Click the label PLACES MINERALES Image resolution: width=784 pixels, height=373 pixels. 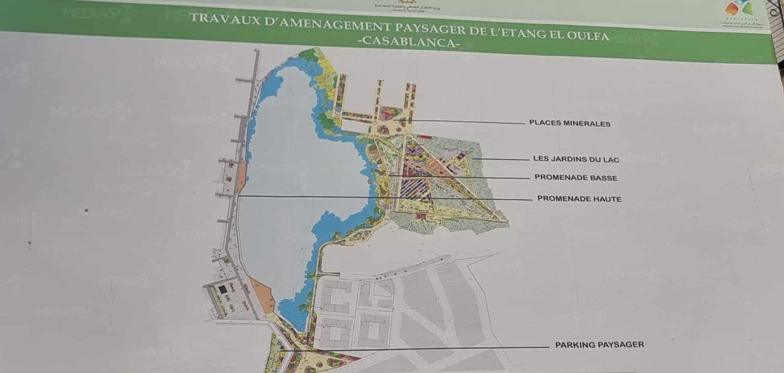click(569, 123)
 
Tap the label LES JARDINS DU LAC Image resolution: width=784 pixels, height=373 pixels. click(576, 159)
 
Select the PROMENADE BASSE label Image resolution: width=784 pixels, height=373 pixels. click(576, 178)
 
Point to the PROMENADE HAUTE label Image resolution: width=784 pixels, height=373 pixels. click(579, 199)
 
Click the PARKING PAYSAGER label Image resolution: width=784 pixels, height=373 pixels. click(599, 345)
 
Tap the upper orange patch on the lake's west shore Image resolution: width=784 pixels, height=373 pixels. click(240, 179)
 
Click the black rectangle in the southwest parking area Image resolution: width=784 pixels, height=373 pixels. click(222, 289)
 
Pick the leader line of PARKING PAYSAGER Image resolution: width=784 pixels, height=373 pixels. click(415, 348)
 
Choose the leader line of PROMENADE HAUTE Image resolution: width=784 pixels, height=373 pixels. click(383, 198)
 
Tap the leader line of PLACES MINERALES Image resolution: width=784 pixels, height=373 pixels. click(463, 121)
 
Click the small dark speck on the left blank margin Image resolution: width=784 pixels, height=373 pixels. click(86, 210)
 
